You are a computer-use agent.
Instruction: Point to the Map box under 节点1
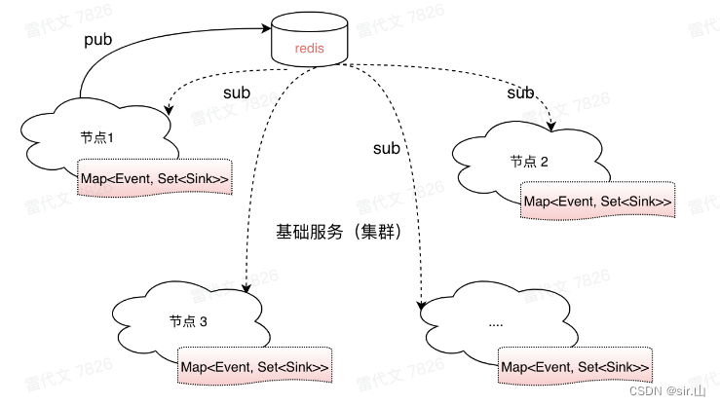tap(156, 177)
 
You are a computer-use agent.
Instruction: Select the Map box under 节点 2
tap(597, 202)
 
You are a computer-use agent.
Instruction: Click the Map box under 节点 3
tap(254, 367)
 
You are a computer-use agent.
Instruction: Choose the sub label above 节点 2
tap(520, 92)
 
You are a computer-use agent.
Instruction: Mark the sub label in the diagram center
tap(387, 148)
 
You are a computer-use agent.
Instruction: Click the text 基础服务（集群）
tap(339, 233)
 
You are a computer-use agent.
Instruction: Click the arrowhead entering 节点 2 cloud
tap(552, 128)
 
